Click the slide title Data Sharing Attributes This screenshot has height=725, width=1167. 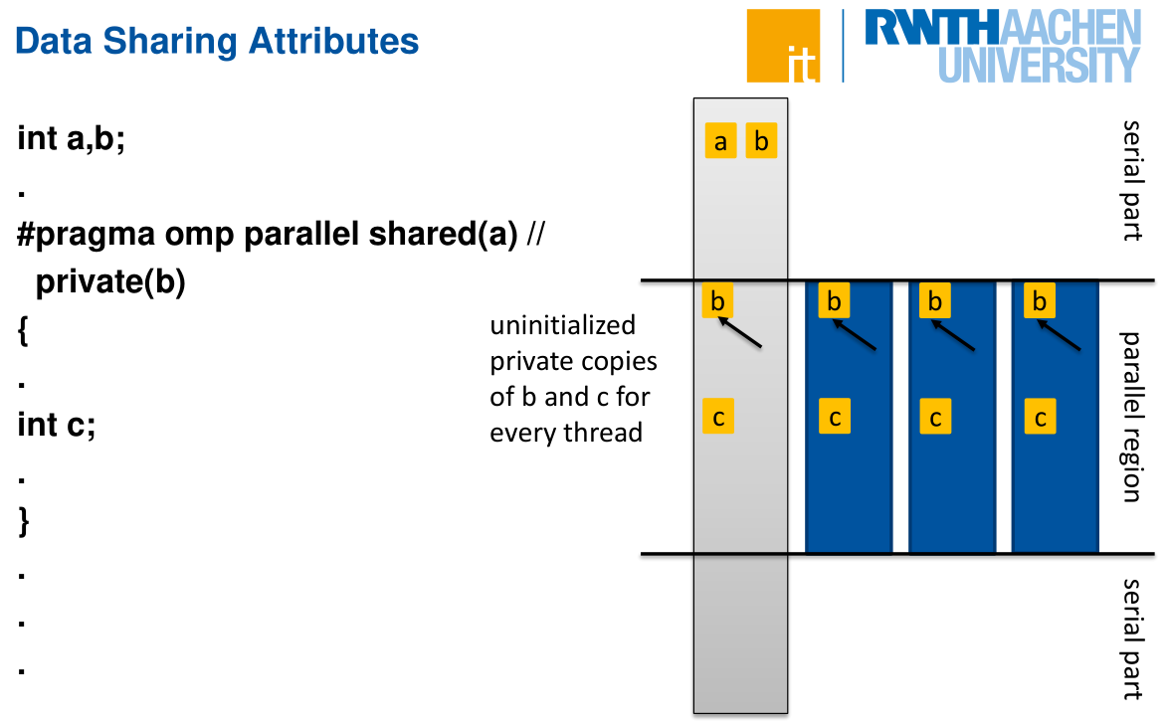tap(218, 41)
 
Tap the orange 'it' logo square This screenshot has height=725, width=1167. tap(783, 46)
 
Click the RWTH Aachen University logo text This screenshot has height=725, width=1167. tap(1002, 46)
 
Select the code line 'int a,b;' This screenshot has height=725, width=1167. tap(72, 139)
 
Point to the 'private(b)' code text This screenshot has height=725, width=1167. tap(110, 282)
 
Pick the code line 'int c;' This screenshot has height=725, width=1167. tap(56, 425)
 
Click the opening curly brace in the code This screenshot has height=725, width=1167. tap(23, 330)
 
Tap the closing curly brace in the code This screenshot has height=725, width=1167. tap(23, 522)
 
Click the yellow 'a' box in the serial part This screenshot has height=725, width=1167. tap(720, 142)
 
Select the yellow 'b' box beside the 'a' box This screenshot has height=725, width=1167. tap(761, 142)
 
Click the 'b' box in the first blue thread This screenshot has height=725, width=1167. tap(835, 300)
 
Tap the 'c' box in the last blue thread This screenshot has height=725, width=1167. tap(1041, 418)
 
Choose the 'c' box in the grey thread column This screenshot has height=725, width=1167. tap(718, 417)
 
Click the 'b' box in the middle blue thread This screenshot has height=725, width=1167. tap(935, 300)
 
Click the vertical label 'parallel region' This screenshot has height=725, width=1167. tap(1132, 417)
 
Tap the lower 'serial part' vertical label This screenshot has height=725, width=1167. tap(1132, 638)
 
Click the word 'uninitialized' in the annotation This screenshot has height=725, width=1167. tap(562, 325)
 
